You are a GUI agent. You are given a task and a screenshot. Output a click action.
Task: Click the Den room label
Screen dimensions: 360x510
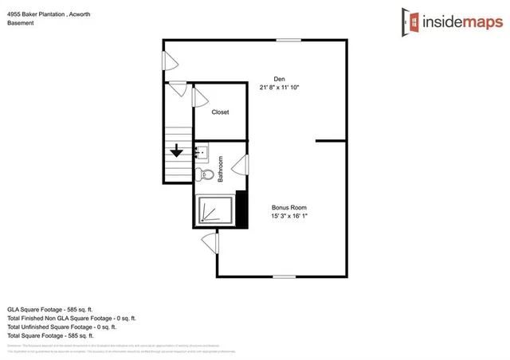[279, 79]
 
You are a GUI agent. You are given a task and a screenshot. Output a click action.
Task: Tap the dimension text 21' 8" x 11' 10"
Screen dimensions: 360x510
[280, 88]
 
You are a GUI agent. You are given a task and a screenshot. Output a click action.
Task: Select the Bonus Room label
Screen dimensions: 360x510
[288, 207]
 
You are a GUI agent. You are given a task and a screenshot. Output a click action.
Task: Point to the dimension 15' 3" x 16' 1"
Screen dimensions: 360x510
[288, 216]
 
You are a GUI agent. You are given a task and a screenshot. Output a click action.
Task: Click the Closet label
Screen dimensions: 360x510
[220, 112]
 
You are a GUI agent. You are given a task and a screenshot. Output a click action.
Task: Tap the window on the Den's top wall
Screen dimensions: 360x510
[288, 40]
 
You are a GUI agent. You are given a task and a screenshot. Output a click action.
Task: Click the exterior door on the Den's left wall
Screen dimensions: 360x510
[169, 61]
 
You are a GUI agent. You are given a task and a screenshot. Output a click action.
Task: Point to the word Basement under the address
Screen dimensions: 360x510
[20, 23]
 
